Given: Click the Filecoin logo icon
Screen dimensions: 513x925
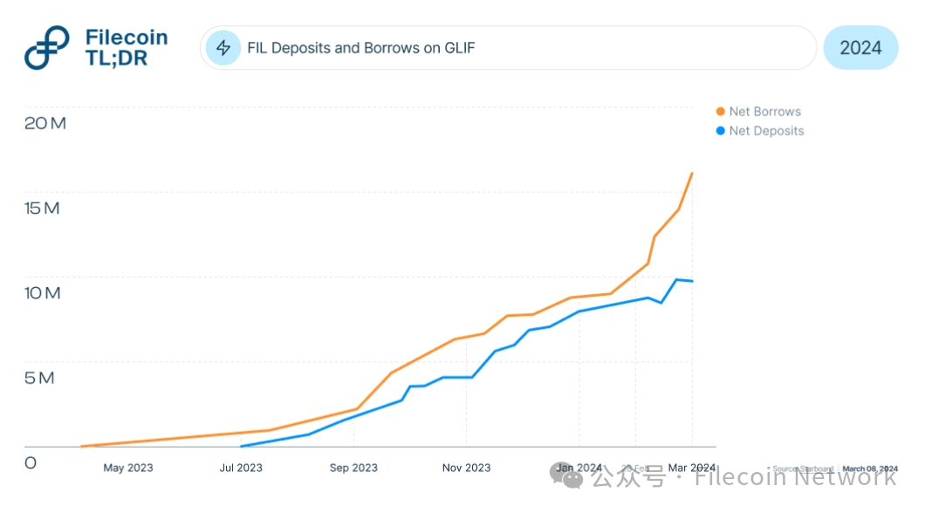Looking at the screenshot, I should [47, 48].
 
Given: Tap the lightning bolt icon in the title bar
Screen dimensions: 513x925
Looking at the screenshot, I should [223, 47].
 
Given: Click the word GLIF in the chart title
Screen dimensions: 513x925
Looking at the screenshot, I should [459, 48].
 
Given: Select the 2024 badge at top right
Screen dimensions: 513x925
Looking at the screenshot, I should [860, 48].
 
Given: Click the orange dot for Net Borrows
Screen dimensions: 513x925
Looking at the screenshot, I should [720, 112].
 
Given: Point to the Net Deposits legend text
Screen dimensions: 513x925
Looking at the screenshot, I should [766, 131].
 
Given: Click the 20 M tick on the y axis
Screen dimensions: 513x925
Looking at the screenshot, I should [45, 123].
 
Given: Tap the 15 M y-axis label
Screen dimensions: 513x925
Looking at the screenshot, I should [43, 209].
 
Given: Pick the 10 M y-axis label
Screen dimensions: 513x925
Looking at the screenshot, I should [43, 293].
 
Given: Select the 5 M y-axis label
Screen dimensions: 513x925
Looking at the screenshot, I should [39, 378].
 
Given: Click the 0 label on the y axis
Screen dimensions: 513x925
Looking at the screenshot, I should [31, 462].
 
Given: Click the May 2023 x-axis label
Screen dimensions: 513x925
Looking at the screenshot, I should [127, 468].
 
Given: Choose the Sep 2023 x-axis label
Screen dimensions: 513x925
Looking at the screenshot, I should [353, 468].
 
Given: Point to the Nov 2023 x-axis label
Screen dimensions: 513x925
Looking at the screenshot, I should [466, 468].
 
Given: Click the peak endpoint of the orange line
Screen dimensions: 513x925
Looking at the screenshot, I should [692, 173].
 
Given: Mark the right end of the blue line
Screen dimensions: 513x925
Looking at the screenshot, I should [692, 281].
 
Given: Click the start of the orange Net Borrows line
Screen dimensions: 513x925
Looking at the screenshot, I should [81, 446].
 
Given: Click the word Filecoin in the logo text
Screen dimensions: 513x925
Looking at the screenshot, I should [127, 38].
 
